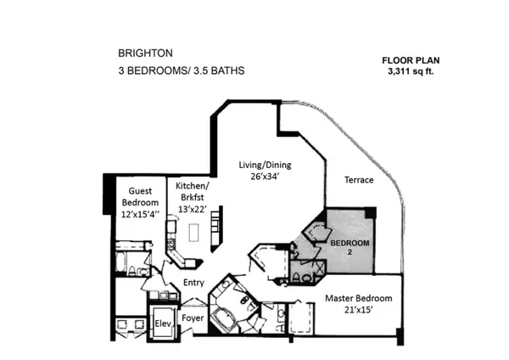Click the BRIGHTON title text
(x=145, y=53)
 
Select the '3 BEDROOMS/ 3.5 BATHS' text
(x=182, y=70)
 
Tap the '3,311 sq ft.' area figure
(x=411, y=71)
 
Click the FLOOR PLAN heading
(x=411, y=60)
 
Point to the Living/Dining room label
(x=265, y=165)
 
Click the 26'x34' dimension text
(x=265, y=177)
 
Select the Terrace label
(x=359, y=180)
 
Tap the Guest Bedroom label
(x=140, y=197)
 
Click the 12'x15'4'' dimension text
(x=140, y=215)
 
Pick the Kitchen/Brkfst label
(x=193, y=191)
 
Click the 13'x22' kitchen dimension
(x=193, y=210)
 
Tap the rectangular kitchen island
(x=193, y=233)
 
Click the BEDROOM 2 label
(x=350, y=247)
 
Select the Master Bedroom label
(x=358, y=298)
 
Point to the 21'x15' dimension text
(x=358, y=310)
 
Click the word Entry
(x=193, y=283)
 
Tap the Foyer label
(x=193, y=318)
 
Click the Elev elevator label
(x=163, y=323)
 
